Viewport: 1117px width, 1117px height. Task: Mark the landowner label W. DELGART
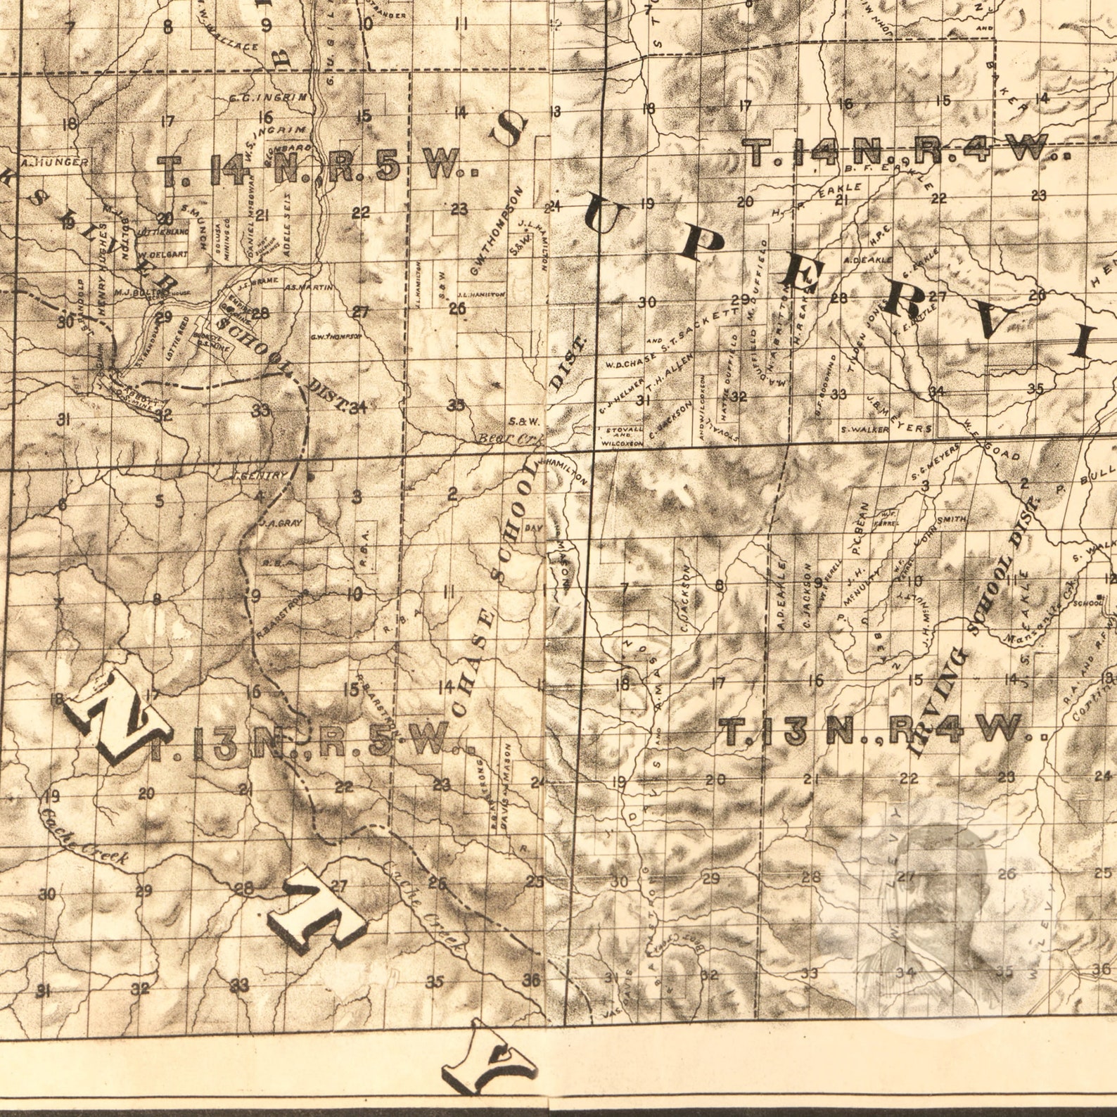tap(163, 254)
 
